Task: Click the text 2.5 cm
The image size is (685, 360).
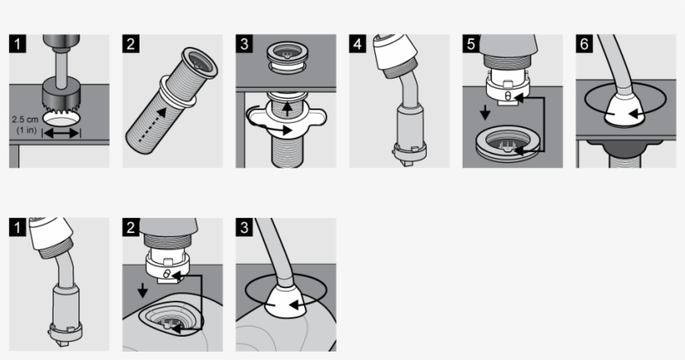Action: pos(25,119)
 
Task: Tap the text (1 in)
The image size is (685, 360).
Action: pos(26,131)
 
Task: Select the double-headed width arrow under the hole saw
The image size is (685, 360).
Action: pos(60,132)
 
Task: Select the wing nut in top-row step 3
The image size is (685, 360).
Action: pos(287,114)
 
